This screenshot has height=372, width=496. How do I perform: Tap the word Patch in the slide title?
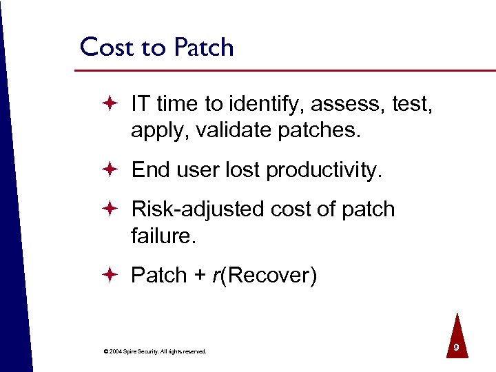(x=203, y=48)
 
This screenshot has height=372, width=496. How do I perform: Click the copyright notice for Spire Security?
(x=154, y=351)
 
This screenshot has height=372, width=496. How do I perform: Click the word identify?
(x=265, y=104)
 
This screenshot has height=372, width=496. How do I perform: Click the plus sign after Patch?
(x=199, y=276)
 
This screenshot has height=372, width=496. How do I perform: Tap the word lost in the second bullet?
(x=243, y=169)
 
